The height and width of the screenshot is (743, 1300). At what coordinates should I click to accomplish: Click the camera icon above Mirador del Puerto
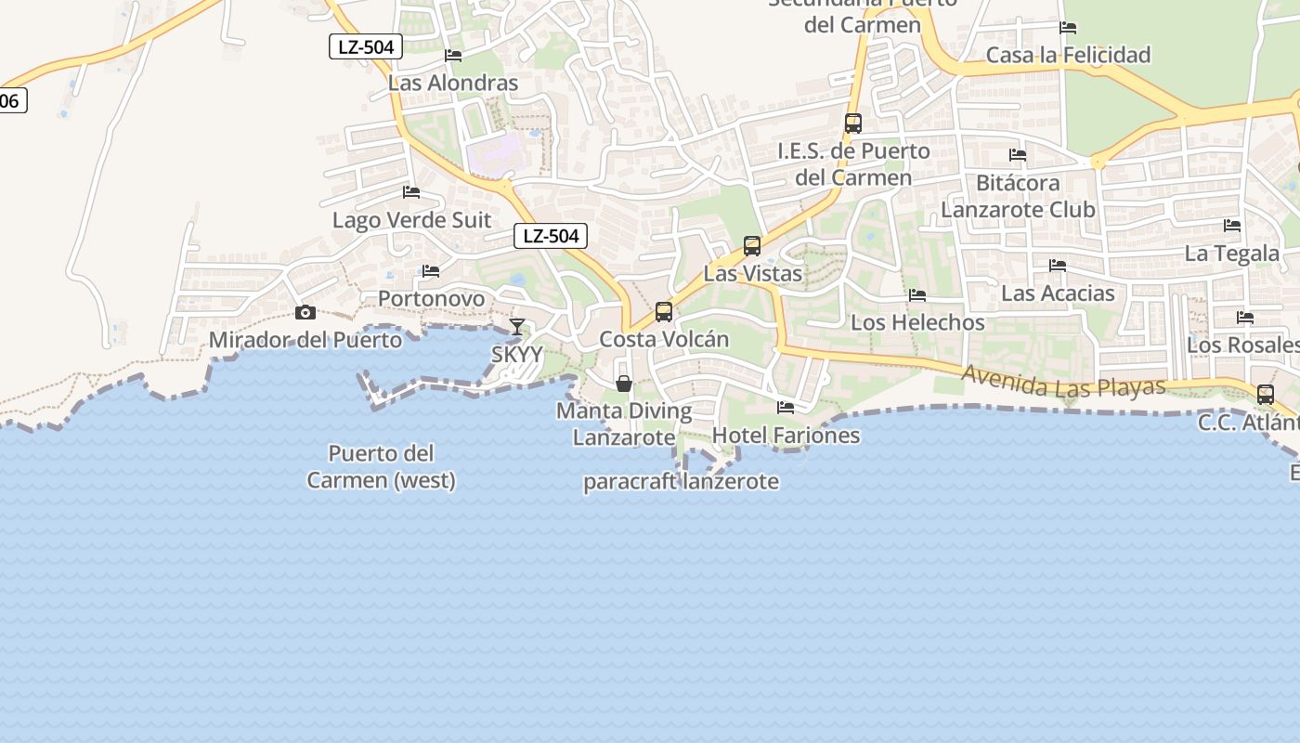pos(305,313)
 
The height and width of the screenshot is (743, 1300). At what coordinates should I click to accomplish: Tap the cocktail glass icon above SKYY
pos(517,327)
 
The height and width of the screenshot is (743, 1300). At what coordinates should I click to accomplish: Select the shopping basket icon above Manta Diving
pos(624,384)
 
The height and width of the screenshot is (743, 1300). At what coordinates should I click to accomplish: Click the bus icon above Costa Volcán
pos(663,312)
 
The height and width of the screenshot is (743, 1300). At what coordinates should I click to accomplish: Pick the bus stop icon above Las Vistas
pos(752,246)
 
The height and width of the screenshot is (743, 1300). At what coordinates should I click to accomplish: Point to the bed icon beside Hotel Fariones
pos(786,407)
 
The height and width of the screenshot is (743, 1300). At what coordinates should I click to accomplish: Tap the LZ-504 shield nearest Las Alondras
pos(366,46)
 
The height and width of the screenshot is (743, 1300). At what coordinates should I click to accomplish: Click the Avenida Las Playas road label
pos(1063,382)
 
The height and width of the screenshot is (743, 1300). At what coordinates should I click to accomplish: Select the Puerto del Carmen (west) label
pos(382,467)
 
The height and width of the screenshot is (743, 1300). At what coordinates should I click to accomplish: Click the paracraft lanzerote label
pos(681,482)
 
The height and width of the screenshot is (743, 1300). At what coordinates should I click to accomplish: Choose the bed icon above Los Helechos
pos(917,295)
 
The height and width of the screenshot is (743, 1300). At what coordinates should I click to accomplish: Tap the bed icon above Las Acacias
pos(1057,266)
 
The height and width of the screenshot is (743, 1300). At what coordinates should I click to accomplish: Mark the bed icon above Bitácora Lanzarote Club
pos(1018,155)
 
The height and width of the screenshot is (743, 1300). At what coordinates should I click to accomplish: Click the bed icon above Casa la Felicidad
pos(1068,28)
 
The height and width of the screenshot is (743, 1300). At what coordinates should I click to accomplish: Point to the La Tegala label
pos(1232,254)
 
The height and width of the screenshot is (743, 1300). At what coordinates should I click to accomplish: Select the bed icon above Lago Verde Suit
pos(411,193)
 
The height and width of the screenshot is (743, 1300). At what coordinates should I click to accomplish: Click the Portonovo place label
pos(431,298)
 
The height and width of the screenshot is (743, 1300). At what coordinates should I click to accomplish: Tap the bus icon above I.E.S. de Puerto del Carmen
pos(852,123)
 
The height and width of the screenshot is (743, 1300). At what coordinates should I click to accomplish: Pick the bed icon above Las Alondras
pos(453,56)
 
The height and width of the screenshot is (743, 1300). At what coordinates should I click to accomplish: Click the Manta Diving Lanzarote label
pos(624,424)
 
